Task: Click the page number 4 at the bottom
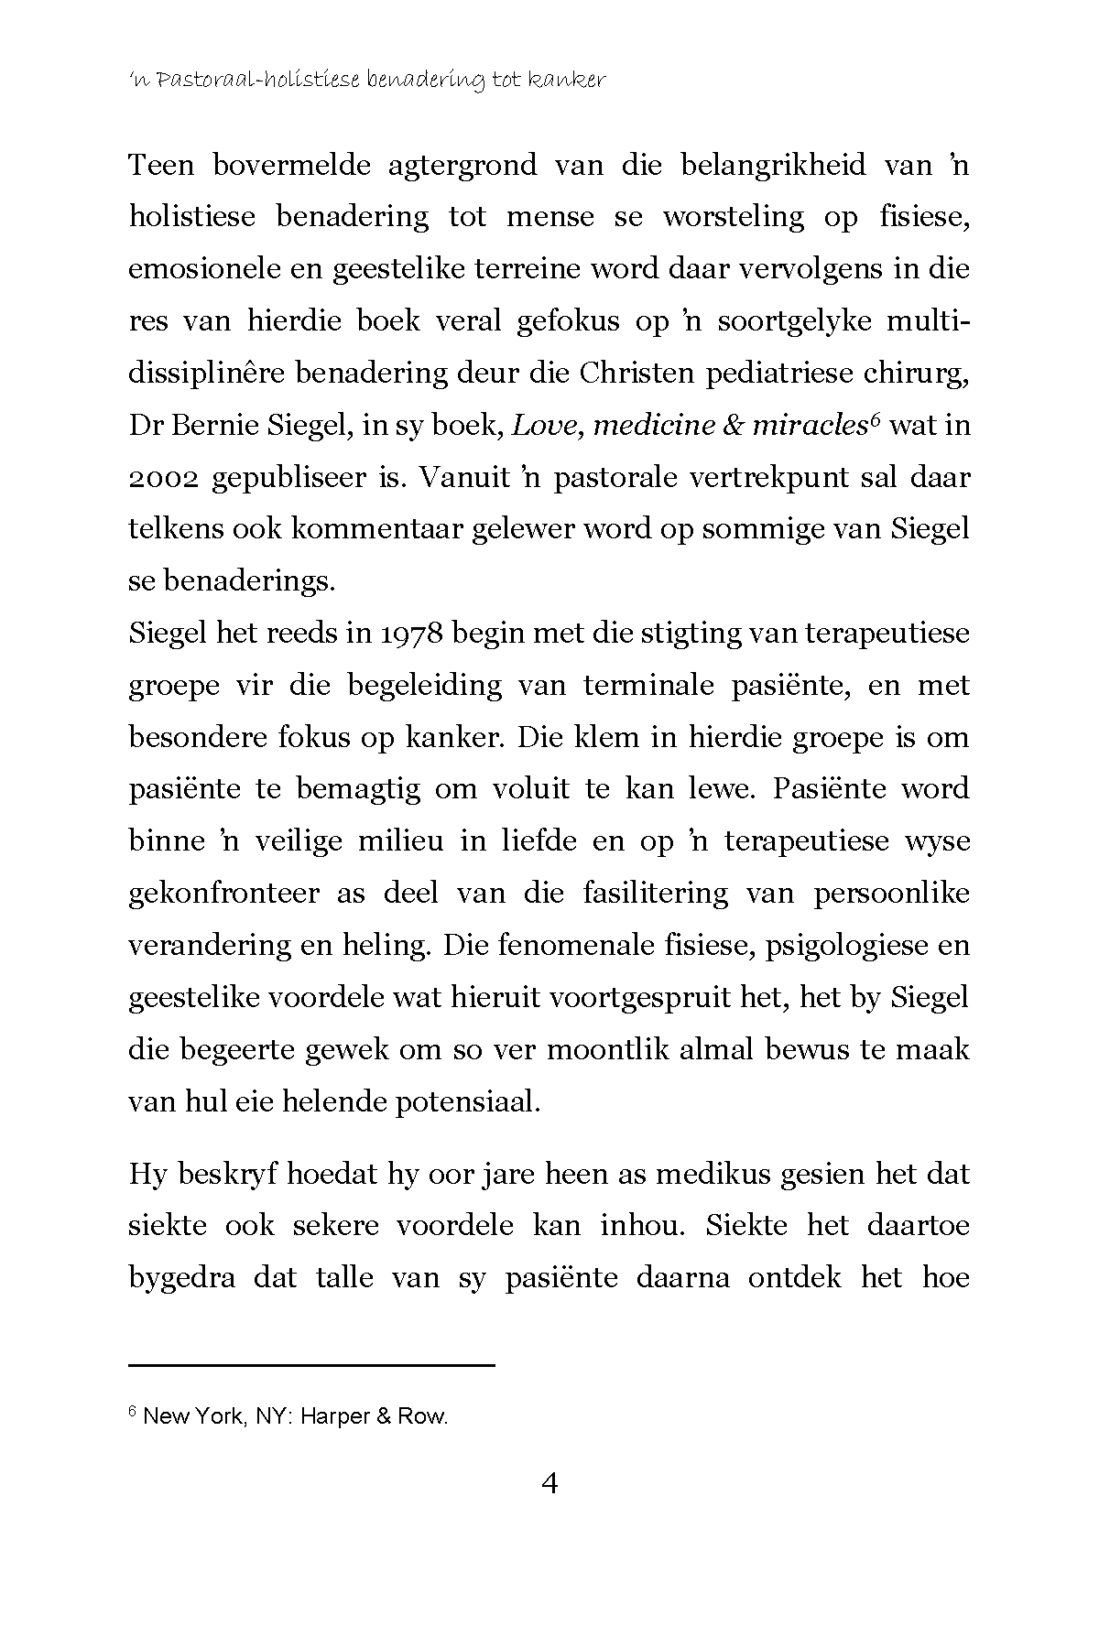click(549, 1509)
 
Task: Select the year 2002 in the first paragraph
click(161, 479)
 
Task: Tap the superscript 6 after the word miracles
click(876, 419)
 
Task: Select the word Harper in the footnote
click(334, 1417)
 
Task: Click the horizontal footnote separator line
click(311, 1366)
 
